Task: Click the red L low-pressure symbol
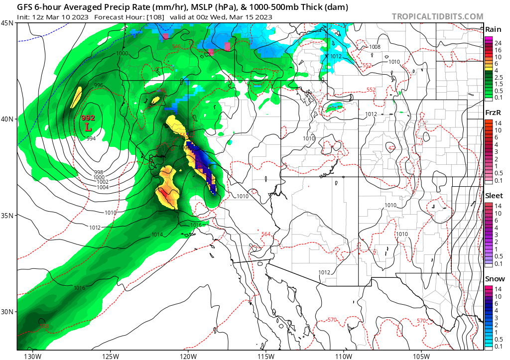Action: point(89,127)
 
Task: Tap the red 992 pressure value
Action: point(88,118)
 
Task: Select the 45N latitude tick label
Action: point(7,23)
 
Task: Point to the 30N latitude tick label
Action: point(7,312)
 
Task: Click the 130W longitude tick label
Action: point(33,356)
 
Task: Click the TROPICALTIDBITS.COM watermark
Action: point(437,17)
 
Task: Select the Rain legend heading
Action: point(493,29)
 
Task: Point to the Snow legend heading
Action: point(495,279)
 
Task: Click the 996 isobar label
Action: point(99,86)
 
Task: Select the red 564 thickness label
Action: point(266,234)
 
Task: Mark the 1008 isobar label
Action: point(375,47)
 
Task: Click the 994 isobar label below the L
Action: point(91,138)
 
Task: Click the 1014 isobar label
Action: point(157,235)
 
